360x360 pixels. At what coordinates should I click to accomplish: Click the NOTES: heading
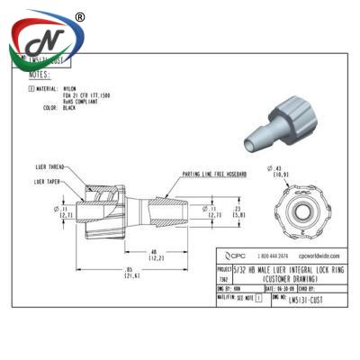40,76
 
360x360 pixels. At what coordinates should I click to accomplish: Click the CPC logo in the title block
234,256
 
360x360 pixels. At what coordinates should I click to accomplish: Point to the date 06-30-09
278,288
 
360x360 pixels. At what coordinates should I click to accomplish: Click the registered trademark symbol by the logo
79,16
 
